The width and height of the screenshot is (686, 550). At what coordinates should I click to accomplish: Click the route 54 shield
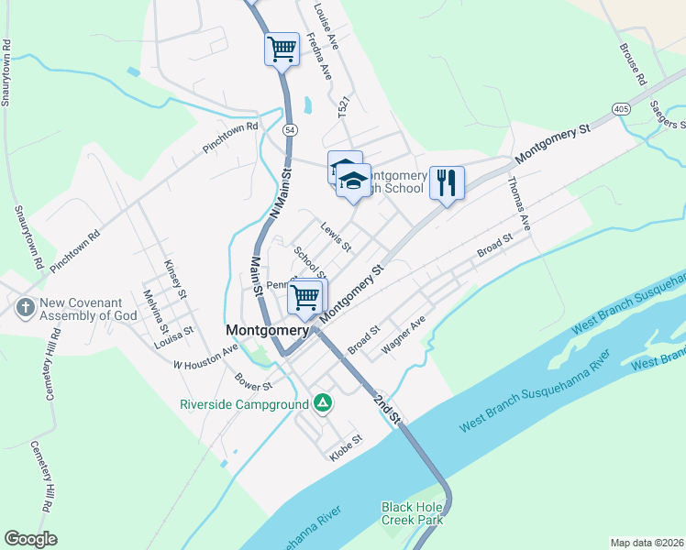290,130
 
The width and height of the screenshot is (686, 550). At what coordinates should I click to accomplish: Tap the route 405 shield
622,108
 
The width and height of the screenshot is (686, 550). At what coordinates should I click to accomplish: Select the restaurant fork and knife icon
447,182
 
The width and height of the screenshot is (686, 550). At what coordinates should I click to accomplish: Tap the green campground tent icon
322,402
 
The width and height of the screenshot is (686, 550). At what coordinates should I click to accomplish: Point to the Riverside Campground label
244,403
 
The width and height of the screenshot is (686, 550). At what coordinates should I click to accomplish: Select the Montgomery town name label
267,330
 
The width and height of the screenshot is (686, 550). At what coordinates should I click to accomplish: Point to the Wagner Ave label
405,327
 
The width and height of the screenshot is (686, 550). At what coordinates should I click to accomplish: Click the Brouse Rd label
633,61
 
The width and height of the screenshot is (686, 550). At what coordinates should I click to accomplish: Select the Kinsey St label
174,279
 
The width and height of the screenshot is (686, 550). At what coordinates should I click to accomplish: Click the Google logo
31,538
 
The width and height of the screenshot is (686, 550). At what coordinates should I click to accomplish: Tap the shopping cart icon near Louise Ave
282,49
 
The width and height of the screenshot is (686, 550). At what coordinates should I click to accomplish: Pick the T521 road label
343,113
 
